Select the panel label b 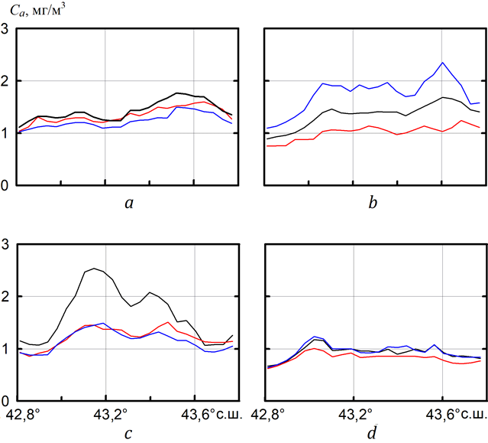(x=373, y=204)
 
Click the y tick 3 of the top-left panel (x=6, y=30)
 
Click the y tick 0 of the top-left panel (x=6, y=185)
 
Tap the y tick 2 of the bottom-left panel (x=6, y=297)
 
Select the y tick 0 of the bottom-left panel (x=6, y=401)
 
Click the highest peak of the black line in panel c (x=93, y=269)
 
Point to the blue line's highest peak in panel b (x=442, y=63)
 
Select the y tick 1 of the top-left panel (x=6, y=133)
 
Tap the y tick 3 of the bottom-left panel (x=6, y=246)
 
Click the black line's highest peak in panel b (x=442, y=97)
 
